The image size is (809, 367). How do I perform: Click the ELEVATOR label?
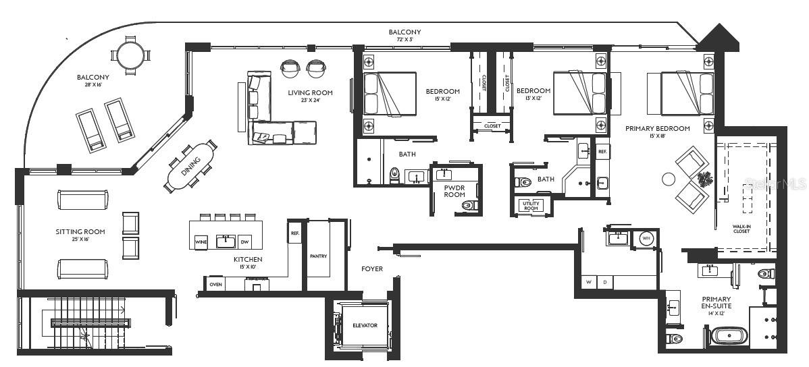pyautogui.click(x=365, y=325)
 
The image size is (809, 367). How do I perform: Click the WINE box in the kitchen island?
pyautogui.click(x=201, y=241)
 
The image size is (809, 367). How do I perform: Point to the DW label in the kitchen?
pyautogui.click(x=245, y=241)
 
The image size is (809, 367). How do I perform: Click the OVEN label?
pyautogui.click(x=215, y=284)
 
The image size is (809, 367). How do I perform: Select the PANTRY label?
pyautogui.click(x=318, y=256)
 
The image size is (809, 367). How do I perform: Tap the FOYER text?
pyautogui.click(x=371, y=269)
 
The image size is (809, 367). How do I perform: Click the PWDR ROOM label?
pyautogui.click(x=454, y=191)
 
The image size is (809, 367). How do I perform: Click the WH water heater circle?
pyautogui.click(x=646, y=238)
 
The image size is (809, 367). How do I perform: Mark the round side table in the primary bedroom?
pyautogui.click(x=669, y=179)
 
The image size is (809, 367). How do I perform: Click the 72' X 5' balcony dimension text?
pyautogui.click(x=404, y=40)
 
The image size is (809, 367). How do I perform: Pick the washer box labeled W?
pyautogui.click(x=589, y=281)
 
